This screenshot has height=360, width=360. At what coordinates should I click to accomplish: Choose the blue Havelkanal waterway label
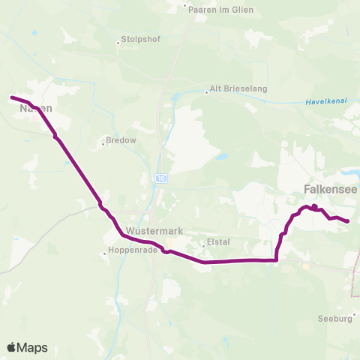point(325,102)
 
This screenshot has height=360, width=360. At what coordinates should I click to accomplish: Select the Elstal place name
point(215,243)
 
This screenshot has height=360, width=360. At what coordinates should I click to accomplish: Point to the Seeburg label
point(334,318)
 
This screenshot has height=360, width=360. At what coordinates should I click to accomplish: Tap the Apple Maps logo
point(27,347)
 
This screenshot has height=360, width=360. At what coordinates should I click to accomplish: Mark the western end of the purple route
point(11,97)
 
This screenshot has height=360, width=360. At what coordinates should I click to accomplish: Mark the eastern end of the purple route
point(348,221)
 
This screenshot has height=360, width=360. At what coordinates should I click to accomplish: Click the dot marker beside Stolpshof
point(118,43)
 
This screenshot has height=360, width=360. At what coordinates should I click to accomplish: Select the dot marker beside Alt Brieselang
point(206,93)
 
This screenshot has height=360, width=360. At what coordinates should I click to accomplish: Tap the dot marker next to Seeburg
point(355,316)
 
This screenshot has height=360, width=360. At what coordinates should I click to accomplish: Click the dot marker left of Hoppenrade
point(105,253)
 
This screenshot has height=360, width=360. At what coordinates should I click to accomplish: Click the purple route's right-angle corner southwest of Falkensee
point(277,260)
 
